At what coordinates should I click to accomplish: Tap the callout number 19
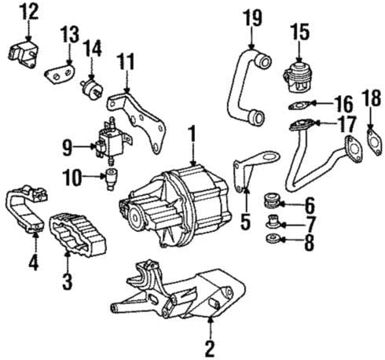pyautogui.click(x=252, y=18)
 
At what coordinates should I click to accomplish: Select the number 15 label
pyautogui.click(x=300, y=32)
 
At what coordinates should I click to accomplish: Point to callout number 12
pyautogui.click(x=30, y=12)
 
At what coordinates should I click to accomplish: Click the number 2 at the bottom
pyautogui.click(x=210, y=348)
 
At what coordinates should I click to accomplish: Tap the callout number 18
pyautogui.click(x=371, y=97)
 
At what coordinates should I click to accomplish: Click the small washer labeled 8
pyautogui.click(x=273, y=239)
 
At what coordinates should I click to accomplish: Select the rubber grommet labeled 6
pyautogui.click(x=271, y=201)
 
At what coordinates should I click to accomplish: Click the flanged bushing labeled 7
pyautogui.click(x=273, y=222)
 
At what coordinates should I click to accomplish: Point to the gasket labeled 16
pyautogui.click(x=299, y=105)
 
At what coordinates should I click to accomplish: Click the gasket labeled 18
pyautogui.click(x=375, y=141)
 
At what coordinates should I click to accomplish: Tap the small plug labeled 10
pyautogui.click(x=111, y=179)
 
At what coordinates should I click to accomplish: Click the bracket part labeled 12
pyautogui.click(x=23, y=54)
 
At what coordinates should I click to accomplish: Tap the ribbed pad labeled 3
pyautogui.click(x=77, y=234)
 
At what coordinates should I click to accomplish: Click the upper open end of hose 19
pyautogui.click(x=263, y=62)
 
